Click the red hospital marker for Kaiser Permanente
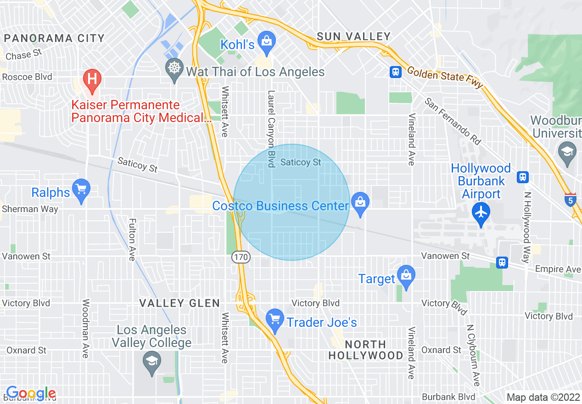[x=92, y=79]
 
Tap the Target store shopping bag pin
[x=406, y=275]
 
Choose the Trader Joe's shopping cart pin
[x=275, y=319]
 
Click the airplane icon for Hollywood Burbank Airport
[x=481, y=213]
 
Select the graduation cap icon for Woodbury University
[x=567, y=151]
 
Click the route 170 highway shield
[x=241, y=258]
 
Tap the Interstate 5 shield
[x=570, y=200]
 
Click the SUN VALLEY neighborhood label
[x=354, y=37]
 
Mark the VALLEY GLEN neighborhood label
[x=179, y=303]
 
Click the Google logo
[x=31, y=393]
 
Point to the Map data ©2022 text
[x=543, y=397]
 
